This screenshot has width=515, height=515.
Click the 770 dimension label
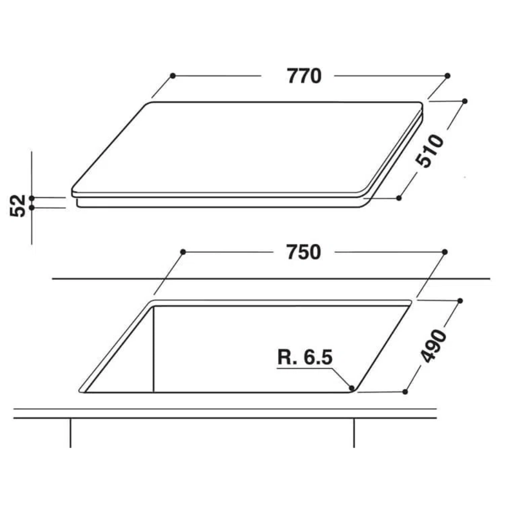coord(304,76)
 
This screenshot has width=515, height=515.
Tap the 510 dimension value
coord(430,151)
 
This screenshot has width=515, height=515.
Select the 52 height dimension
coord(18,206)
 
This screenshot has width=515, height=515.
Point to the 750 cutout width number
coord(303,252)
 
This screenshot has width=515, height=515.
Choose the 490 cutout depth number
coord(434,347)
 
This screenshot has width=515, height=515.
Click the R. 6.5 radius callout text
coord(305,357)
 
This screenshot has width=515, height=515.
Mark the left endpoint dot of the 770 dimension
coord(173,76)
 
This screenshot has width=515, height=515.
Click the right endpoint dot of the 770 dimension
coord(448,76)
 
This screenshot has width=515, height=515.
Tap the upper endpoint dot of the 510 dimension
coord(465,101)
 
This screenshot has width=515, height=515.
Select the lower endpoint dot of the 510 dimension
coord(399,198)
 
